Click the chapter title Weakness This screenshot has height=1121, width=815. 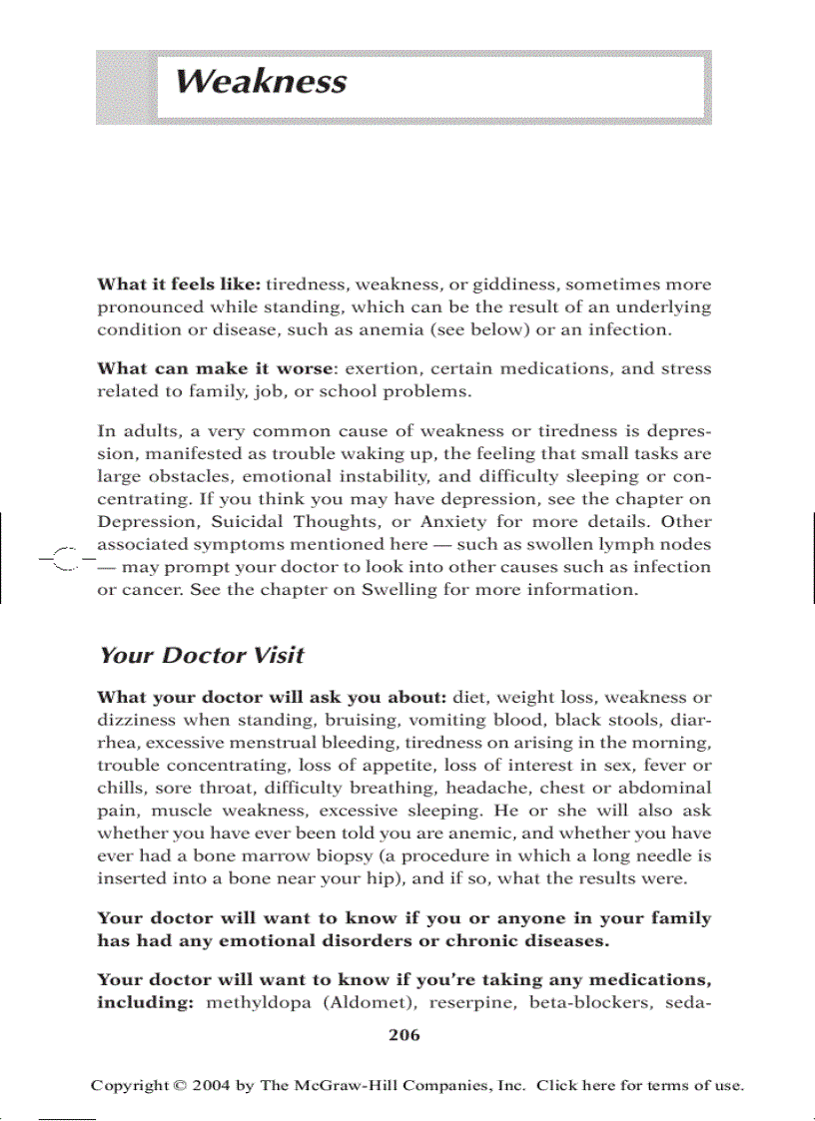(x=261, y=81)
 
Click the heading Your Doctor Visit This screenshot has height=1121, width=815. (x=201, y=656)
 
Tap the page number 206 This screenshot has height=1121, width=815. (x=404, y=1035)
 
